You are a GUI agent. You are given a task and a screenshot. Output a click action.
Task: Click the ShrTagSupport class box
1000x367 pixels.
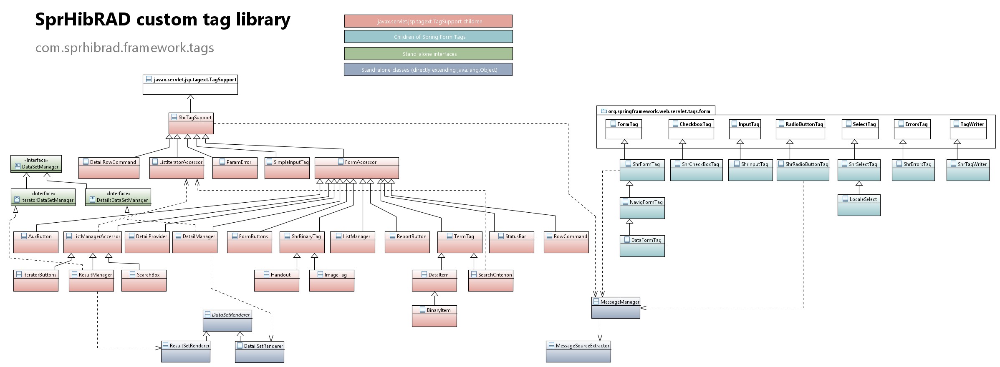191,123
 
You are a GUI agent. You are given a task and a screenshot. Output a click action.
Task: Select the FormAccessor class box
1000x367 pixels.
356,168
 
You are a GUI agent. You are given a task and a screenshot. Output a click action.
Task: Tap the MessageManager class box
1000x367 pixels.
616,308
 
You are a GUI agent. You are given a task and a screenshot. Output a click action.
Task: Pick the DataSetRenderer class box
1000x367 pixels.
227,321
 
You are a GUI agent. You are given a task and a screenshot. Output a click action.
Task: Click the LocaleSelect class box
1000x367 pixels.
859,205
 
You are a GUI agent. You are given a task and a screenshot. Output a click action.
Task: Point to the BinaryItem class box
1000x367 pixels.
434,316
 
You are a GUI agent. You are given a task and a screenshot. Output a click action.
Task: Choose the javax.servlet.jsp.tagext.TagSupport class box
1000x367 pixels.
190,85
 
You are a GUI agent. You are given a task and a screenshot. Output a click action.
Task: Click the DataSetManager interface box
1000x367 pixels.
36,163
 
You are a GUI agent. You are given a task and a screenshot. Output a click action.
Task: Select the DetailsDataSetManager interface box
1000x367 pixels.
118,197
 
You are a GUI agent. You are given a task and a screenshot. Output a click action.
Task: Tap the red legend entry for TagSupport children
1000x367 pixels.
428,21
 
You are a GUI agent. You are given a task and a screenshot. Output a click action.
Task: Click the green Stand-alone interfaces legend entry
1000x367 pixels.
428,54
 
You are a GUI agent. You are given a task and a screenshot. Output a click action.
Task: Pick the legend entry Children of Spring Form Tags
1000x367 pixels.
428,37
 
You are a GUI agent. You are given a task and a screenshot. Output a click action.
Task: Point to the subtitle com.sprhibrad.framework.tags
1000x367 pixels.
124,48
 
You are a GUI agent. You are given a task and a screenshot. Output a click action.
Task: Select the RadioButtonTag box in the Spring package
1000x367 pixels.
800,129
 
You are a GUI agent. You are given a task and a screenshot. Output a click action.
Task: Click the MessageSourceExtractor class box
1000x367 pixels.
578,351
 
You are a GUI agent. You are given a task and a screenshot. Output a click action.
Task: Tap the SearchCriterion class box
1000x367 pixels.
490,280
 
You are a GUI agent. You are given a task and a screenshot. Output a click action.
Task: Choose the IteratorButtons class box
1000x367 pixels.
36,280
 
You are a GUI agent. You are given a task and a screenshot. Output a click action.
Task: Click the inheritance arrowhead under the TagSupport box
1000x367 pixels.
190,97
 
